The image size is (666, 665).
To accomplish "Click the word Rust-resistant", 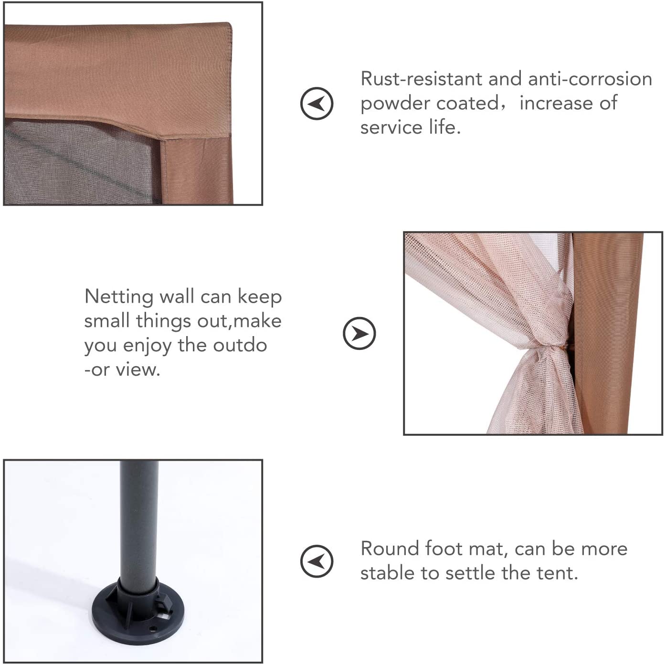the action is coord(421,79).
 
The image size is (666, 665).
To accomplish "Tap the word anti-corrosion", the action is coord(590,79).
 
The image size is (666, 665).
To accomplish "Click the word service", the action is coord(391,127).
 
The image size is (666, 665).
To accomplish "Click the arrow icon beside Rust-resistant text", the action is coord(317,103).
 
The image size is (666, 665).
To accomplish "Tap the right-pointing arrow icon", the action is coord(359,333).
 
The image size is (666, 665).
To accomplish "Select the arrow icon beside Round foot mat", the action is coord(317,561).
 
